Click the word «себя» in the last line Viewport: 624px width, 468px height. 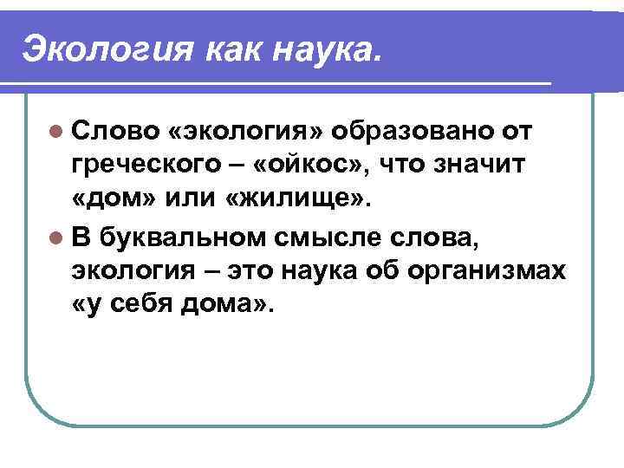139,306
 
